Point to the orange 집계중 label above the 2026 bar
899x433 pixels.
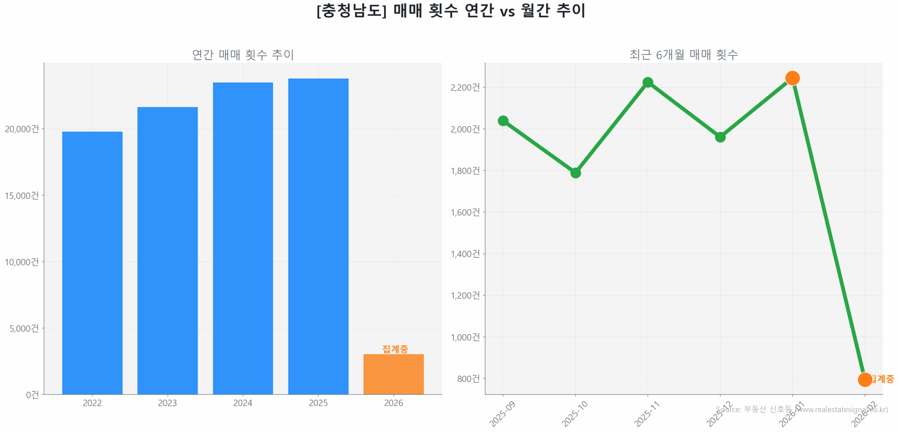[x=395, y=349]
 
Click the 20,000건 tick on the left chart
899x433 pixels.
[x=22, y=129]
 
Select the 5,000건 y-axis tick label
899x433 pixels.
[x=24, y=328]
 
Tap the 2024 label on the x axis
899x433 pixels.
[x=243, y=402]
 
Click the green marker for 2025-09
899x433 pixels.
[x=503, y=121]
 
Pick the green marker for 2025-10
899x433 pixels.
[x=575, y=173]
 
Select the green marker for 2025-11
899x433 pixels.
[x=648, y=82]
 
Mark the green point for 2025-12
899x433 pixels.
[x=720, y=137]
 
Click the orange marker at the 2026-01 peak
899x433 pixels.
[x=792, y=78]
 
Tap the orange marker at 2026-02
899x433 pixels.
[x=865, y=379]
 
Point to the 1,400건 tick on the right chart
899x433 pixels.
[x=465, y=253]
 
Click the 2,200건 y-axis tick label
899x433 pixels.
[x=465, y=87]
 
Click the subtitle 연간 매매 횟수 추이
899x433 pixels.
[x=243, y=54]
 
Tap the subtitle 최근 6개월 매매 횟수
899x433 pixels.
[x=683, y=54]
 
